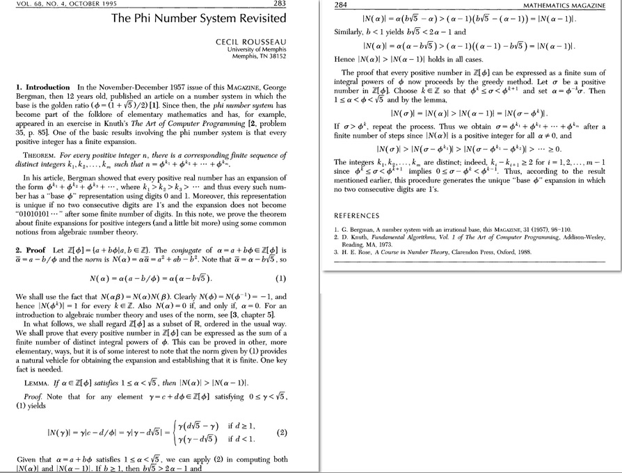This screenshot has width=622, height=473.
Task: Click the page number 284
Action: (342, 5)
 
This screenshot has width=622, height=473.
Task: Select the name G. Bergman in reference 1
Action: (358, 229)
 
